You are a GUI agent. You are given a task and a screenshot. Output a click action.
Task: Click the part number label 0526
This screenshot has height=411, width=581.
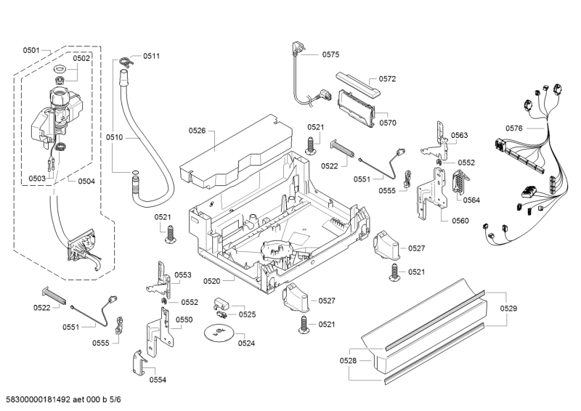point(198,131)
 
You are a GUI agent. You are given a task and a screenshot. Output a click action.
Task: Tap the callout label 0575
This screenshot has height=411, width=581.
point(330,54)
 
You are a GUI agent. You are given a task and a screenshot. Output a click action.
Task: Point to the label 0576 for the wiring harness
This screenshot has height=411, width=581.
point(513,128)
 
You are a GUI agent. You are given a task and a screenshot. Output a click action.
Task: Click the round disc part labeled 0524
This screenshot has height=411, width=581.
point(216,333)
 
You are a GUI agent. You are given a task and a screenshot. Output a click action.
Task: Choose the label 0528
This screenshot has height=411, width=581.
point(349,361)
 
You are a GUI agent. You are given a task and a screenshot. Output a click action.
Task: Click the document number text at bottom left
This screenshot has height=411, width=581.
point(62,400)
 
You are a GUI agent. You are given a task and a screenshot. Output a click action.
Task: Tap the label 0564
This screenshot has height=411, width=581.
point(471,200)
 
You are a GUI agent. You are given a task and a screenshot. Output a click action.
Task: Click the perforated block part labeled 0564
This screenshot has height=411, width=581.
point(457,185)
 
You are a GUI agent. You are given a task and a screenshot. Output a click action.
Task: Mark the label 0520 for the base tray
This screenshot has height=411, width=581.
point(212,281)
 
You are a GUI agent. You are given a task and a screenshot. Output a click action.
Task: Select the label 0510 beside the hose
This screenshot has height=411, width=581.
point(115,137)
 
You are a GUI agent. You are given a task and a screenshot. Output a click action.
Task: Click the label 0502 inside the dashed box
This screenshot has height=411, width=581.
point(82,58)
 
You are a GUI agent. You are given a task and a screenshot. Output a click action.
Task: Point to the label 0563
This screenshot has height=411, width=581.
point(459,135)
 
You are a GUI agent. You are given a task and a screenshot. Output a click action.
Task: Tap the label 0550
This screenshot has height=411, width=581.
point(184,320)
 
